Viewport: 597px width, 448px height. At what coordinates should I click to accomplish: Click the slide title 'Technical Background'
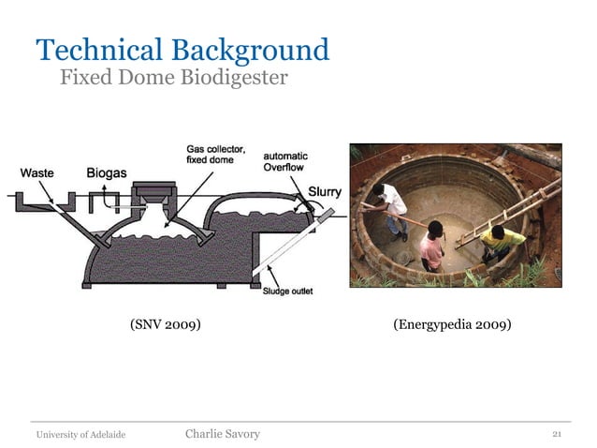[182, 49]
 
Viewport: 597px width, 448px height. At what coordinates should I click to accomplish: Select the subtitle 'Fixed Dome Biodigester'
[173, 77]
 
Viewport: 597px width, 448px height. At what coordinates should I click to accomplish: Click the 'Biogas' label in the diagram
[107, 172]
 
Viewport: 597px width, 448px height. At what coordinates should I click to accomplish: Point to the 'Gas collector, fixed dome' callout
[215, 155]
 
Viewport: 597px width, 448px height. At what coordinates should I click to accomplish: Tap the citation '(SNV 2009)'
[166, 325]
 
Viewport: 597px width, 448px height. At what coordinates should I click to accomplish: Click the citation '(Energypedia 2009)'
[452, 325]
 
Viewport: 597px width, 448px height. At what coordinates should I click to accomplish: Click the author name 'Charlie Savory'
[223, 433]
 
